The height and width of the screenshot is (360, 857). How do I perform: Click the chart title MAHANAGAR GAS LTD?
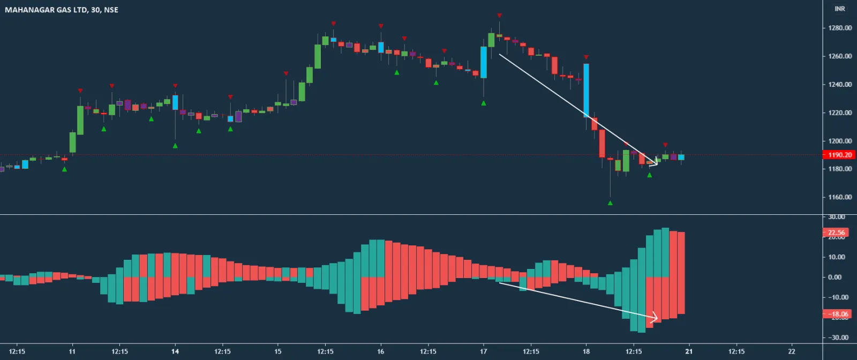[x=46, y=10]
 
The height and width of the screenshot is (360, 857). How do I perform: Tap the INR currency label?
[x=839, y=9]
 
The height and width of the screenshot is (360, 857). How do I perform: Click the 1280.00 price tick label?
[x=840, y=28]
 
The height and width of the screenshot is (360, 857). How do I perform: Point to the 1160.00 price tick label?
[x=840, y=197]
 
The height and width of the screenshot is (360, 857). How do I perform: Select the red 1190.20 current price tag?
[x=839, y=155]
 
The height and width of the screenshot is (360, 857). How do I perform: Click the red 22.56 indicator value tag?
[x=836, y=232]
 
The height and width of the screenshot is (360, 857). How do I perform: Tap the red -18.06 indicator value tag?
[x=836, y=314]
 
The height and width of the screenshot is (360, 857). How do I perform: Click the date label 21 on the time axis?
[x=689, y=351]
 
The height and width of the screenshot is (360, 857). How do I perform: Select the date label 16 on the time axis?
[x=380, y=351]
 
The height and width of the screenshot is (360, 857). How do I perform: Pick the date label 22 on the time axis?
[x=792, y=351]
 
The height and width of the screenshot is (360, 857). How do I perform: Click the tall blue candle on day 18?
[x=586, y=90]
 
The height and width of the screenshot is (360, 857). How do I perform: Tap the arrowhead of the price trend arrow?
[x=655, y=163]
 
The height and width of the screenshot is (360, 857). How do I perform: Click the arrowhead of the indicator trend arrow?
[x=655, y=319]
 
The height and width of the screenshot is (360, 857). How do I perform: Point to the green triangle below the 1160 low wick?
[x=610, y=203]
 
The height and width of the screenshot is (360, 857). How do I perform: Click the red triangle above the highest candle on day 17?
[x=499, y=16]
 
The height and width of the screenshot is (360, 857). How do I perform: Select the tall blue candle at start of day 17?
[x=484, y=62]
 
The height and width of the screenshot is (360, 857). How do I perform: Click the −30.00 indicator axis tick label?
[x=839, y=337]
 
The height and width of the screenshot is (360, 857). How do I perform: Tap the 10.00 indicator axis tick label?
[x=838, y=257]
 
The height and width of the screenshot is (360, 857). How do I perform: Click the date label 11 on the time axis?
[x=72, y=351]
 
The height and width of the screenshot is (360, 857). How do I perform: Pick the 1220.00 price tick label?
[x=840, y=112]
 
